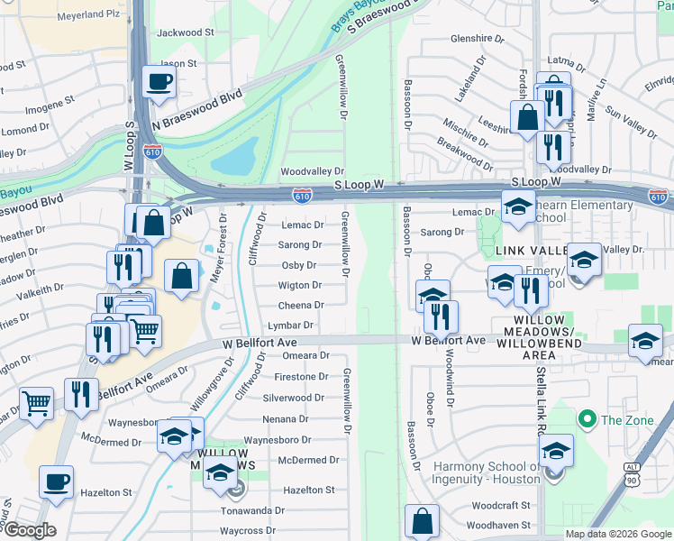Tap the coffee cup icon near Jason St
click(x=159, y=82)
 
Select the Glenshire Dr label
click(x=477, y=39)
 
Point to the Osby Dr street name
click(x=298, y=265)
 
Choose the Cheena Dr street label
click(x=300, y=306)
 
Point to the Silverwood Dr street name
click(x=293, y=398)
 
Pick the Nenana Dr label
click(x=286, y=419)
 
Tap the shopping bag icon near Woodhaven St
click(x=423, y=520)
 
